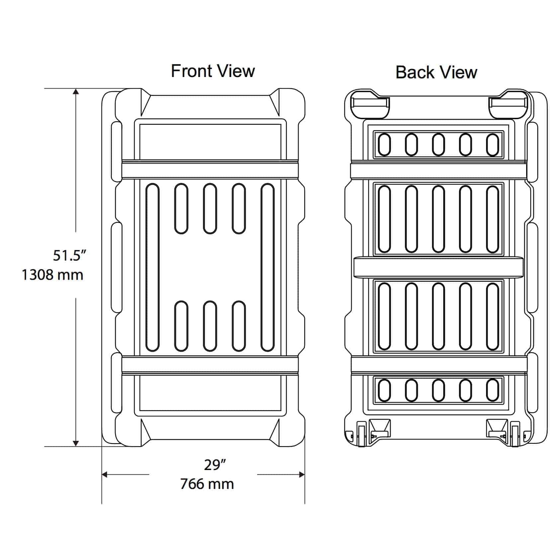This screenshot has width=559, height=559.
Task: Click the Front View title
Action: pos(213,71)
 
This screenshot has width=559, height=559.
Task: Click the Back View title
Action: pos(436,72)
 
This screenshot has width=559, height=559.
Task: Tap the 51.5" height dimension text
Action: pos(70,256)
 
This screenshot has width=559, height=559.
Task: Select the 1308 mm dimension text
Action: pos(52,275)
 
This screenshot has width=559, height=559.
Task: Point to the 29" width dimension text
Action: pos(215,465)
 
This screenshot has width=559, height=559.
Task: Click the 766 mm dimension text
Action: pos(207,484)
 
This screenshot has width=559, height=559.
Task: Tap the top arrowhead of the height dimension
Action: pos(76,92)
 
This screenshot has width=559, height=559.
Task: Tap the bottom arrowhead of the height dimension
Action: pos(76,443)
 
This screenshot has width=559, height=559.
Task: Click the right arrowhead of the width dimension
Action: pos(301,475)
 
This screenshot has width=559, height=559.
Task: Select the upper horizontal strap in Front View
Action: pos(210,170)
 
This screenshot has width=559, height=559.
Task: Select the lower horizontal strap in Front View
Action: pos(210,365)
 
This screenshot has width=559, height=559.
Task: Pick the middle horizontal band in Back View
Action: pos(439,267)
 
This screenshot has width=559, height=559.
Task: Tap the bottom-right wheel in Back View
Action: pos(516,434)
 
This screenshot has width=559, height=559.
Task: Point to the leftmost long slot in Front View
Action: pos(152,267)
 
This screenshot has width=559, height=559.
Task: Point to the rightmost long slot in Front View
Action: pos(268,267)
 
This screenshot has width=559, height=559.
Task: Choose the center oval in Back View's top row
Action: pos(439,145)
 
